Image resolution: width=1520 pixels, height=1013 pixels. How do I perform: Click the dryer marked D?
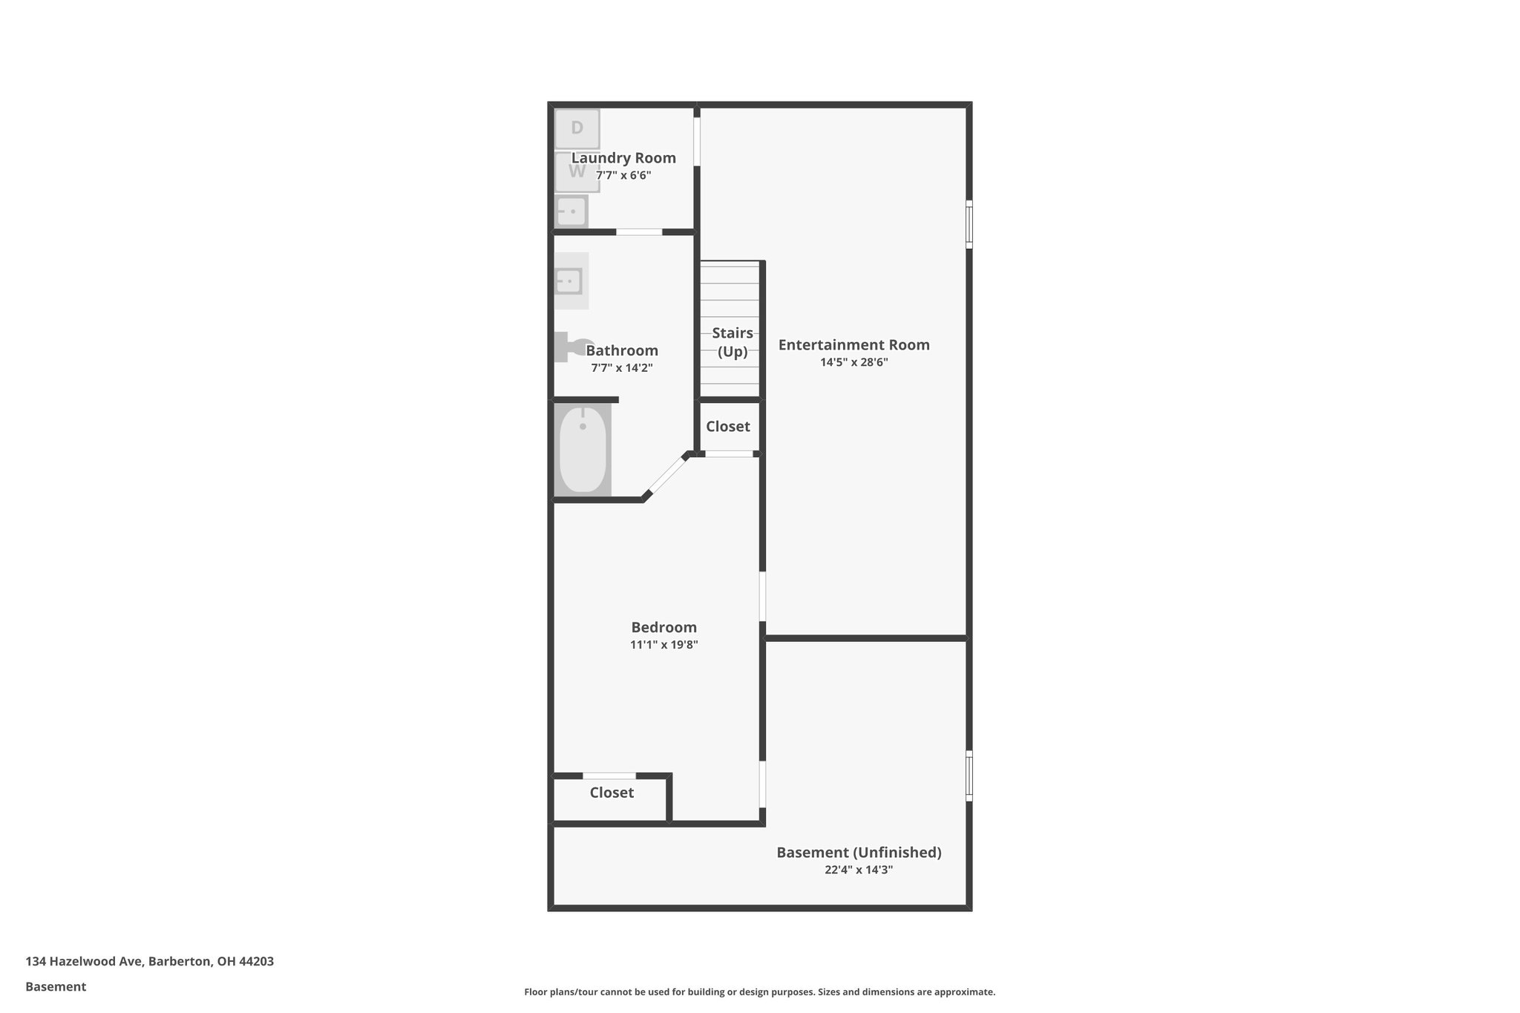[x=577, y=128]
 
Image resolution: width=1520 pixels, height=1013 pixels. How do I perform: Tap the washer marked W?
[x=577, y=172]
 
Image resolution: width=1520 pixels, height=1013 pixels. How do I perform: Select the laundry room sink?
[x=571, y=212]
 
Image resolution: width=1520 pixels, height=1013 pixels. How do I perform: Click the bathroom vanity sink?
[x=569, y=281]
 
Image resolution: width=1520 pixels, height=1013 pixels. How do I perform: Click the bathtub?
[x=583, y=449]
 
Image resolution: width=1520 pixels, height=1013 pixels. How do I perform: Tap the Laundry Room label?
[x=623, y=158]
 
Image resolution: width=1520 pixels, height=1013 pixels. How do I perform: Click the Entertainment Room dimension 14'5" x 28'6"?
[x=854, y=363]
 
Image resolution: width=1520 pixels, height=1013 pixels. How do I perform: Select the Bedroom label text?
[x=664, y=627]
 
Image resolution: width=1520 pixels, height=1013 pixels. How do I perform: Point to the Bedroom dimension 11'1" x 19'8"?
[x=664, y=645]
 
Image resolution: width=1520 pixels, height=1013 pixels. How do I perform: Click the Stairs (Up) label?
[x=733, y=342]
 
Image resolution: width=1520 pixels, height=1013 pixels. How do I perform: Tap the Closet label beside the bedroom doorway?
[x=612, y=793]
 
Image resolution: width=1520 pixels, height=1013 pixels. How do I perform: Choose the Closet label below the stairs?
[x=727, y=427]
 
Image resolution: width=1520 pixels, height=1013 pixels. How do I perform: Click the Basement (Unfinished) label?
[x=859, y=853]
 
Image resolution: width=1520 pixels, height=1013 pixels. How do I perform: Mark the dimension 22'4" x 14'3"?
[x=858, y=870]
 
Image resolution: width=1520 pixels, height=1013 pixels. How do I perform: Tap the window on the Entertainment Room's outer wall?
[x=969, y=223]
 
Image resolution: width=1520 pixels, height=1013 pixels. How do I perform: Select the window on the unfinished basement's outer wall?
[x=969, y=776]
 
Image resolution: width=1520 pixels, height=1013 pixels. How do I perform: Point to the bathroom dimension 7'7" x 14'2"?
[x=621, y=368]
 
